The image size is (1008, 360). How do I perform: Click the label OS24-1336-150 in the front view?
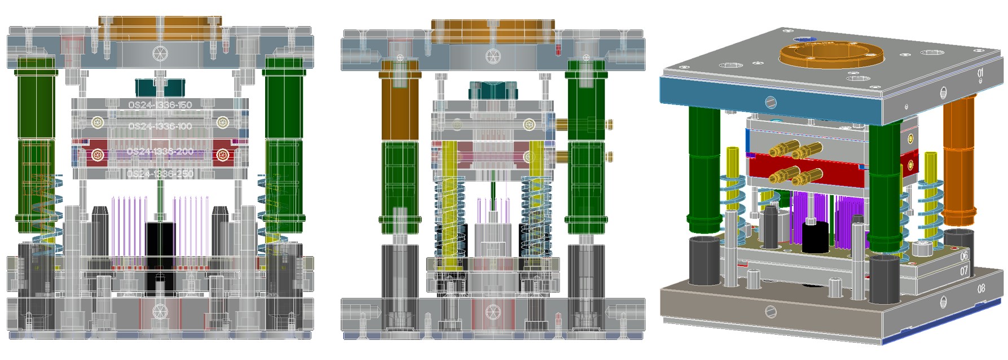pyautogui.click(x=160, y=105)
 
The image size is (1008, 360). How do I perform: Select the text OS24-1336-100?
pyautogui.click(x=160, y=126)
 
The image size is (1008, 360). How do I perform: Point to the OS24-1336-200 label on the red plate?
pyautogui.click(x=160, y=151)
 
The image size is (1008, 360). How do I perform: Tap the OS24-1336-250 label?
pyautogui.click(x=160, y=174)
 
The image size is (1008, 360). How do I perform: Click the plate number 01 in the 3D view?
pyautogui.click(x=980, y=73)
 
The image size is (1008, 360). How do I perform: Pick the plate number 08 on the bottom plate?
pyautogui.click(x=981, y=288)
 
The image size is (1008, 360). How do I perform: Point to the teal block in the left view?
pyautogui.click(x=160, y=87)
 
